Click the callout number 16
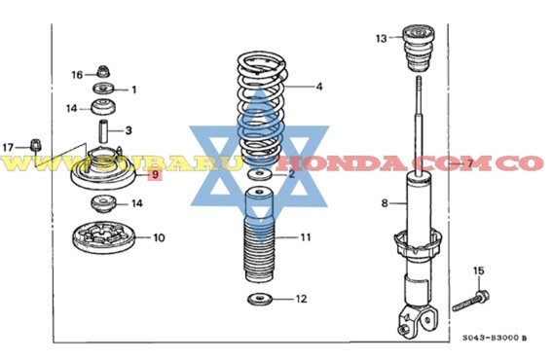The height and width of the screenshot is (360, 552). coord(77,74)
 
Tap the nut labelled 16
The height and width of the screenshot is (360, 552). coord(102,71)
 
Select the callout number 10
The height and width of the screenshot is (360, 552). coord(159,236)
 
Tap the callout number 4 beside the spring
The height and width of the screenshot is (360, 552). coord(318,86)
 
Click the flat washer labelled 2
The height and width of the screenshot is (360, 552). coord(259,174)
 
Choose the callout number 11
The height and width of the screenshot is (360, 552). coord(305,236)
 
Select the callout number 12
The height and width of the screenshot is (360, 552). coord(301,298)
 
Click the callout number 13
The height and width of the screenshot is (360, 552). coord(382,39)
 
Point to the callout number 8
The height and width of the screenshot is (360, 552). coord(385,203)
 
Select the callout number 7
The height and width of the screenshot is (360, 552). coord(468,163)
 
